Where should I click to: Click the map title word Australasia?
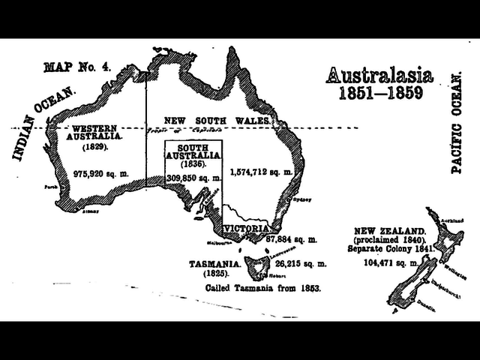pyautogui.click(x=379, y=75)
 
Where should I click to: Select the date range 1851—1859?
pyautogui.click(x=380, y=94)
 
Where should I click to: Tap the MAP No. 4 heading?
pyautogui.click(x=77, y=67)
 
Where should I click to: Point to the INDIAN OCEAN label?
pyautogui.click(x=44, y=124)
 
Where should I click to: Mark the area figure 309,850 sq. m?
pyautogui.click(x=193, y=178)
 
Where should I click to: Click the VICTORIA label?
pyautogui.click(x=246, y=227)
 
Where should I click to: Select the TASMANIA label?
pyautogui.click(x=214, y=264)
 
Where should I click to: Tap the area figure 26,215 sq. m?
pyautogui.click(x=301, y=264)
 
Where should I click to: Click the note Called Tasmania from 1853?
pyautogui.click(x=263, y=288)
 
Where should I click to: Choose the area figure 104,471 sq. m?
pyautogui.click(x=390, y=263)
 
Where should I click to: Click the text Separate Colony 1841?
pyautogui.click(x=391, y=247)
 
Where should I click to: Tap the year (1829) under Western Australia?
pyautogui.click(x=94, y=148)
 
